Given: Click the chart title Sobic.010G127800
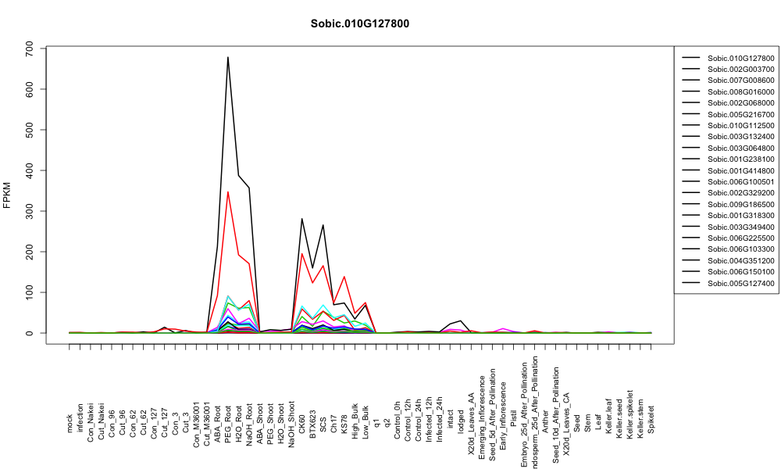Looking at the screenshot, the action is tap(359, 23).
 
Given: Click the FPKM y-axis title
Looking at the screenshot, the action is tap(7, 195).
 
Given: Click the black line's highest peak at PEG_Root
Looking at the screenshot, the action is tap(227, 57).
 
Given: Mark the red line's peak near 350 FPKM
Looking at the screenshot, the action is tap(227, 192).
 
